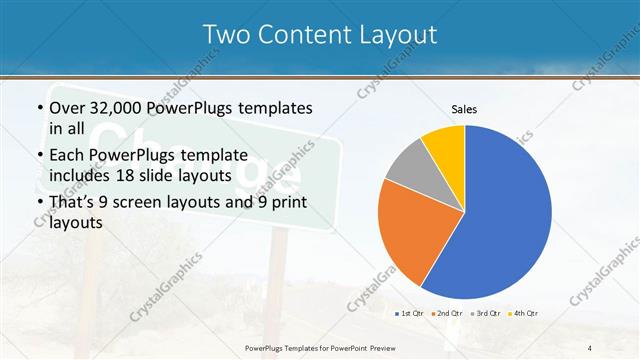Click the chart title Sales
tap(464, 108)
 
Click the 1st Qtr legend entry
tap(410, 314)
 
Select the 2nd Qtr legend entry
tap(447, 314)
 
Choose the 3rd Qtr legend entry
tap(485, 314)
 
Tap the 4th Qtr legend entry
tap(522, 314)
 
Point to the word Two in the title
tap(227, 35)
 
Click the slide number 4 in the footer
tap(589, 347)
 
